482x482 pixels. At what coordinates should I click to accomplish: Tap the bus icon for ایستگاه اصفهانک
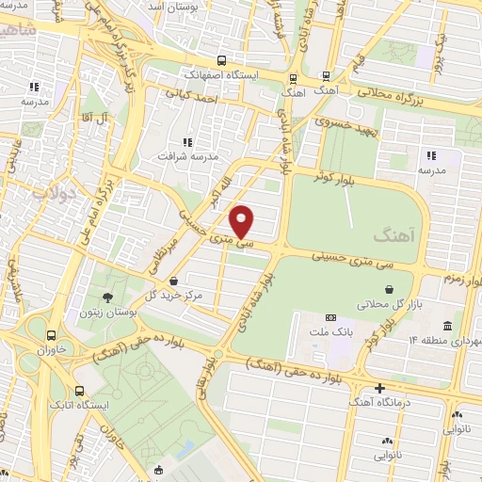[x=220, y=57]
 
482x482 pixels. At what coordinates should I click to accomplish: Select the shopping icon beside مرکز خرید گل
[x=175, y=280]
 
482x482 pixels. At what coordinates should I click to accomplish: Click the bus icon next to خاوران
[x=50, y=334]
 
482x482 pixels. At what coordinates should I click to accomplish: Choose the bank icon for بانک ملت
[x=330, y=318]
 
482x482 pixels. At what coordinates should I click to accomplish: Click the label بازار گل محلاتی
[x=383, y=306]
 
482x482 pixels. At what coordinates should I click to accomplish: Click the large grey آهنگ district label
[x=393, y=231]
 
